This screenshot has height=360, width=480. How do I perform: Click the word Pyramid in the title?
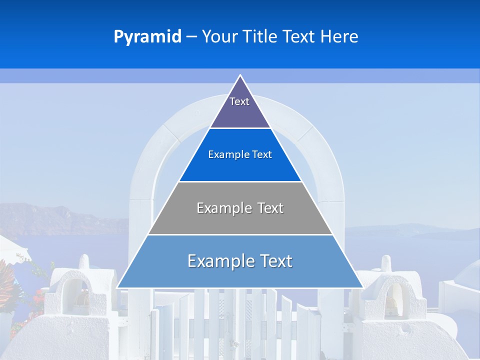pos(147,37)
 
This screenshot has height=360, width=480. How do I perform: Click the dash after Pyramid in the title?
pos(191,37)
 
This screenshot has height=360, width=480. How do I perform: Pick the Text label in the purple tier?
pos(239,101)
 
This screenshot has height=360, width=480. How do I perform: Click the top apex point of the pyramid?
pos(240,75)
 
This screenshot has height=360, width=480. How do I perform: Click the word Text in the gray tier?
pos(270,208)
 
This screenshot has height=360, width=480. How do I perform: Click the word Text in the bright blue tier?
pos(262,155)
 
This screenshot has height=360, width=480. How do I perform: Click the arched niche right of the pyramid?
pos(391,297)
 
